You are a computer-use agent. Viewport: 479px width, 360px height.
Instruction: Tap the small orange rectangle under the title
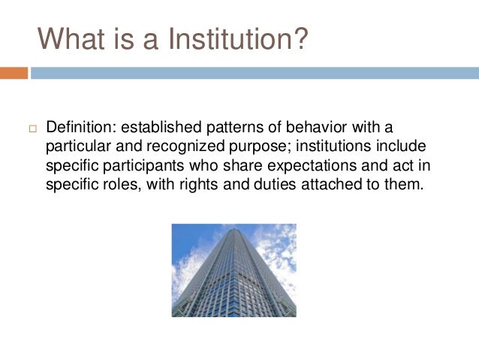pos(14,73)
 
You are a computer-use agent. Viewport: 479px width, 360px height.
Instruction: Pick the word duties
pos(243,183)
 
